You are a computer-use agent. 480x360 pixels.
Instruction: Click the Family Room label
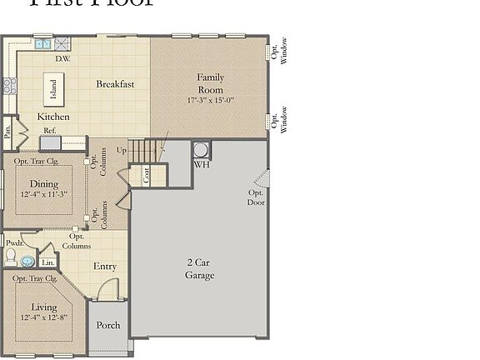[210, 83]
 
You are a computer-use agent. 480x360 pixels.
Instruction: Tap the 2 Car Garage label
[199, 268]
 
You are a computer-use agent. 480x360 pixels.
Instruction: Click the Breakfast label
[115, 84]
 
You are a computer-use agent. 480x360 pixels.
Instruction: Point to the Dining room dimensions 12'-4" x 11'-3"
[44, 194]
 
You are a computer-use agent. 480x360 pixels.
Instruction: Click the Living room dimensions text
[44, 317]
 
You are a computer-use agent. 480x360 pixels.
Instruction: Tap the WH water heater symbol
[202, 150]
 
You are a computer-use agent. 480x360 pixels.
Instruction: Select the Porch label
[108, 325]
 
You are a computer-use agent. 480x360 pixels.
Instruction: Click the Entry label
[105, 267]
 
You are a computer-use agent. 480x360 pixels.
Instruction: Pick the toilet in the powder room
[11, 257]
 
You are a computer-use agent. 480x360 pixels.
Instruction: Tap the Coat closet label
[146, 175]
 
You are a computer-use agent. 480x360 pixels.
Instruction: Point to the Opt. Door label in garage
[256, 197]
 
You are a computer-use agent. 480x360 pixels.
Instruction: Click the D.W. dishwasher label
[62, 59]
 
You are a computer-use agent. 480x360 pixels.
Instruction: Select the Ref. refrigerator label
[50, 131]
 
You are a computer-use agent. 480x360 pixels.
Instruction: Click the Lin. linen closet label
[47, 262]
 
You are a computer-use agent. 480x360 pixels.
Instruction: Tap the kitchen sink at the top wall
[42, 43]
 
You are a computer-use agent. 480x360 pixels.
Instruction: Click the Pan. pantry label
[7, 131]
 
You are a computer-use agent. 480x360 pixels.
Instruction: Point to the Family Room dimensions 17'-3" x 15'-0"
[210, 100]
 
